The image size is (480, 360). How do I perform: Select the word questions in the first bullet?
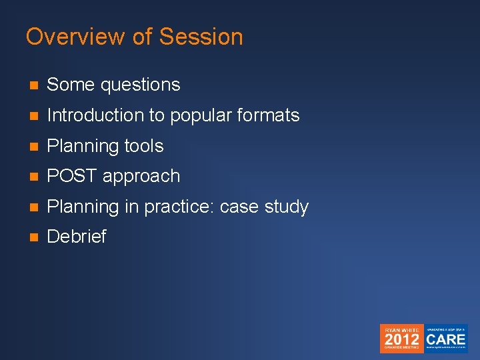pos(141,85)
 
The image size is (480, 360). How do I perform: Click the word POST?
pos(70,177)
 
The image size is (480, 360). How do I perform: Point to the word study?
pos(287,207)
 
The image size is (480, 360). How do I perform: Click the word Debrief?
pos(77,237)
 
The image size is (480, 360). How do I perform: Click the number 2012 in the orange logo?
pos(401,339)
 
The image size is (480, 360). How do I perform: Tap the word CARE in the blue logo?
pos(446,339)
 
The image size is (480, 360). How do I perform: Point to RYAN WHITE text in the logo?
pos(401,329)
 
